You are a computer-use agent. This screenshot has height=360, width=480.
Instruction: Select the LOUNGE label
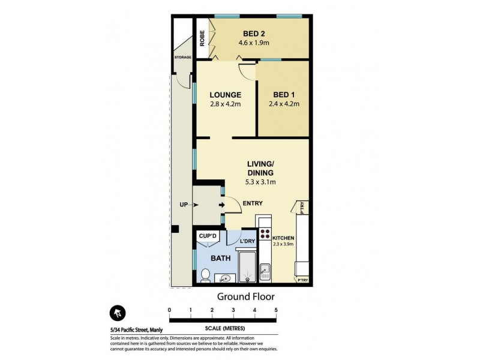pyautogui.click(x=225, y=95)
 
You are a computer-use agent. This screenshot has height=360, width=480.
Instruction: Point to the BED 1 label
pyautogui.click(x=284, y=95)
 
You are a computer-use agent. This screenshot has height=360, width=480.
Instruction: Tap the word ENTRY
pyautogui.click(x=253, y=203)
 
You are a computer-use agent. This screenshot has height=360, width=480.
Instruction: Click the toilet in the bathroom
pyautogui.click(x=205, y=274)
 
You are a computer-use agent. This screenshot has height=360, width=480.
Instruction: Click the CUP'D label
pyautogui.click(x=207, y=237)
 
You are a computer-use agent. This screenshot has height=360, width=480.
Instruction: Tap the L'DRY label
pyautogui.click(x=247, y=242)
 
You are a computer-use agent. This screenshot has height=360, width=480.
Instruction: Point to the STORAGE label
pyautogui.click(x=182, y=58)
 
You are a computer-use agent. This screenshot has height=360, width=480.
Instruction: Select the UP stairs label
pyautogui.click(x=183, y=205)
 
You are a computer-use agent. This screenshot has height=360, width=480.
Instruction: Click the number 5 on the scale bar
pyautogui.click(x=276, y=310)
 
